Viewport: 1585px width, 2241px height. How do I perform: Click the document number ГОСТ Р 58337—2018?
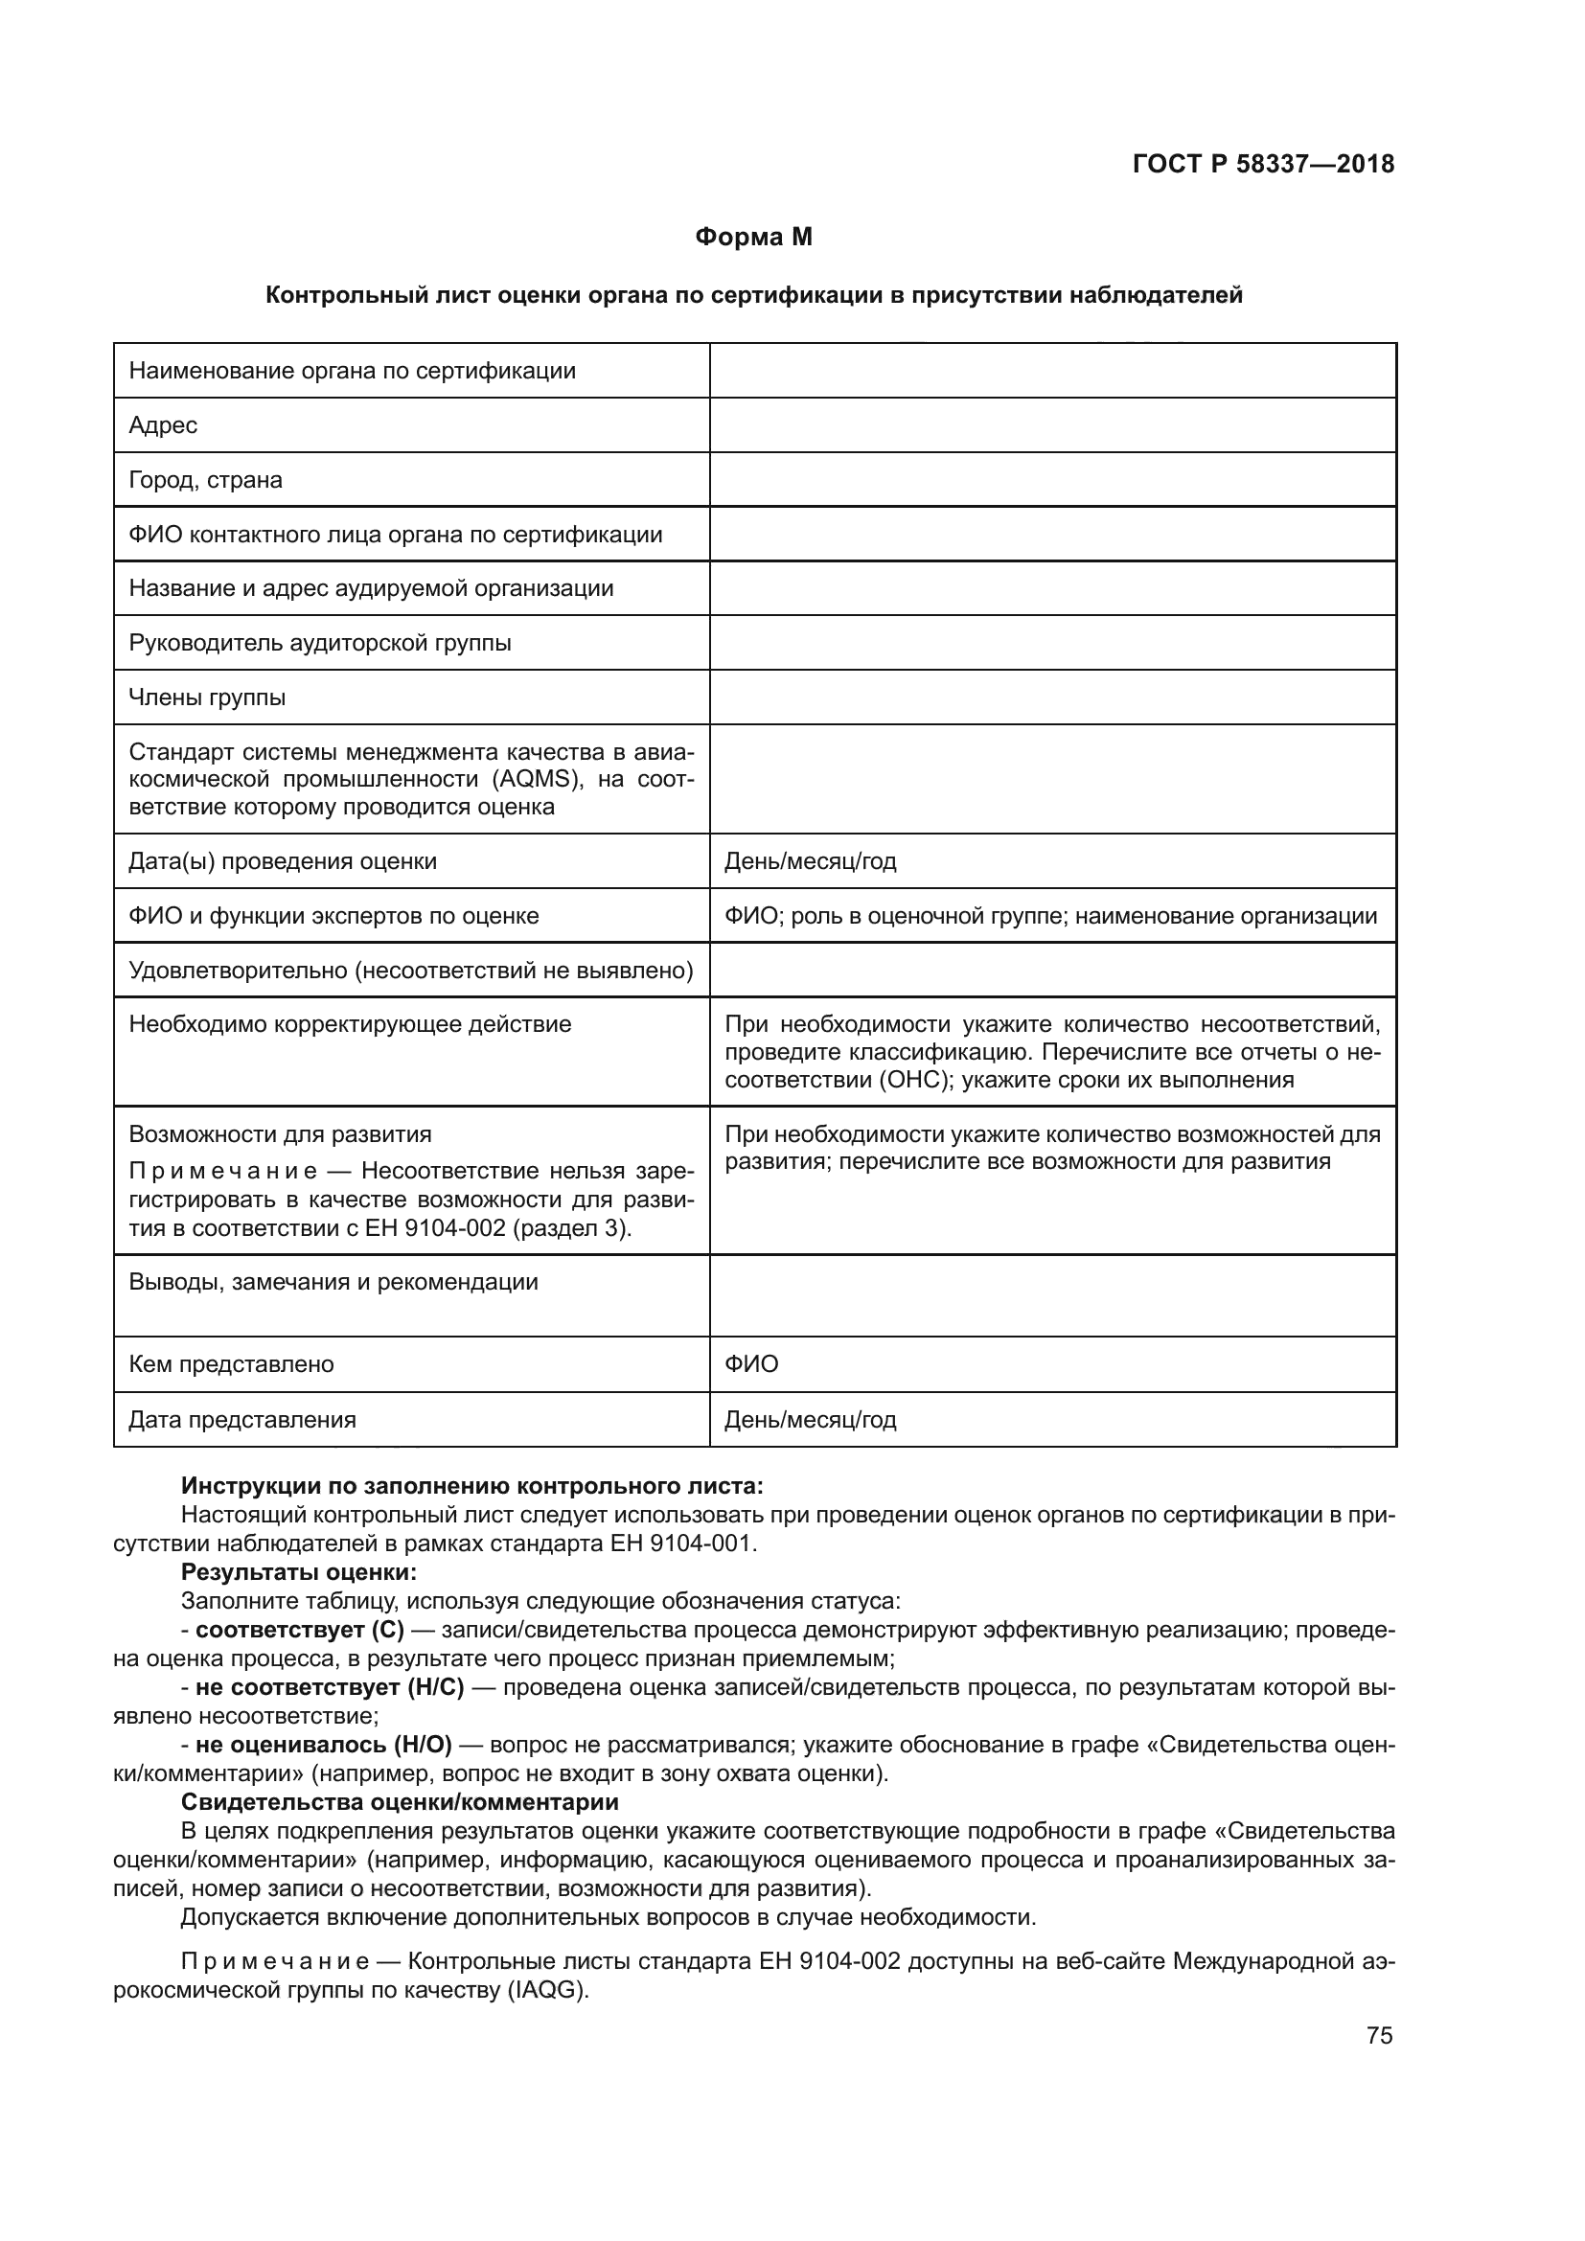(x=1263, y=164)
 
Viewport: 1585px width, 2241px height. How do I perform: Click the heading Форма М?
(x=752, y=238)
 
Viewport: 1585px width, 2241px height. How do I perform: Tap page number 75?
(x=1379, y=2035)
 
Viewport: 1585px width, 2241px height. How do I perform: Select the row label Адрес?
(x=163, y=424)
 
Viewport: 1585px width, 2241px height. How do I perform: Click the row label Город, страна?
(x=205, y=479)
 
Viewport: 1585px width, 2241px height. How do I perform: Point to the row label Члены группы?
(x=207, y=697)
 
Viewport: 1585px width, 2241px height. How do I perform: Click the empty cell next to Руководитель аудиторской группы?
(x=1052, y=642)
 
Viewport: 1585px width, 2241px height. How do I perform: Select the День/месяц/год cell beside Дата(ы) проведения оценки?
(x=810, y=861)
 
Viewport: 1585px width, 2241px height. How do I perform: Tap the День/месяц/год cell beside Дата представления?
(x=810, y=1419)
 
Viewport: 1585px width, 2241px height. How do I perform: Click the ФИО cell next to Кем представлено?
(x=751, y=1363)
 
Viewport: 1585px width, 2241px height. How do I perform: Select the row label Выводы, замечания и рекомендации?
(x=333, y=1282)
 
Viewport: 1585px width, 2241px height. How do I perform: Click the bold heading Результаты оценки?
(x=299, y=1572)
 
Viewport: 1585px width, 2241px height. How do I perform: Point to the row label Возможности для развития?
(x=280, y=1134)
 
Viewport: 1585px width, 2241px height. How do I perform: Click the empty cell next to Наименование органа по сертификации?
(x=1052, y=370)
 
